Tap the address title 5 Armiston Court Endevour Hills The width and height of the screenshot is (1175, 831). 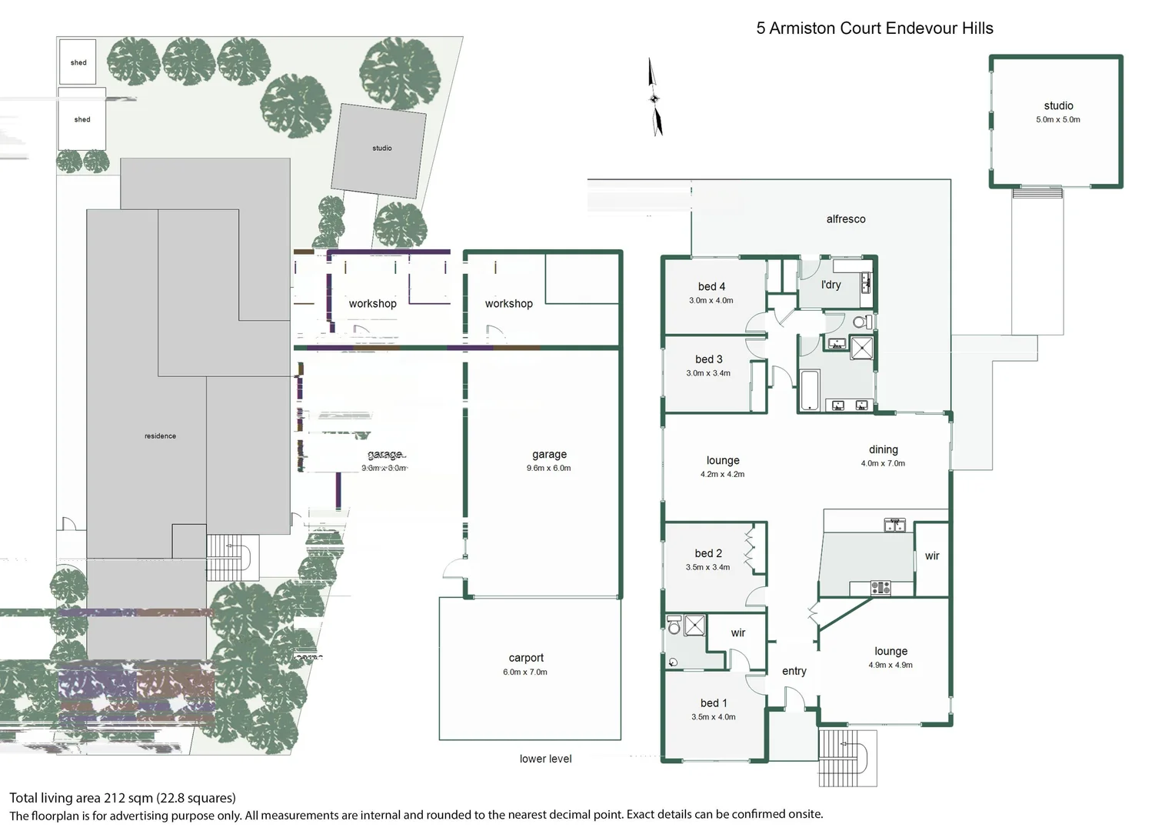pyautogui.click(x=874, y=28)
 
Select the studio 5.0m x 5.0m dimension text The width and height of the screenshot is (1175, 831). pyautogui.click(x=1057, y=120)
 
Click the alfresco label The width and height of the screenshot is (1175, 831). pyautogui.click(x=845, y=219)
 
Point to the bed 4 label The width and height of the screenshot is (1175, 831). pyautogui.click(x=711, y=286)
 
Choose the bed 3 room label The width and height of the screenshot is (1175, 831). pyautogui.click(x=708, y=359)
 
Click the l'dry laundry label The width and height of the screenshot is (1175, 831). pyautogui.click(x=830, y=285)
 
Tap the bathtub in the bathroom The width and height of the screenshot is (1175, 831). pyautogui.click(x=810, y=390)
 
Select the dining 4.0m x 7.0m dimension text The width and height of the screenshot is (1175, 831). pyautogui.click(x=883, y=463)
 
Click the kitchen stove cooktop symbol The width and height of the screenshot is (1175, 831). pyautogui.click(x=880, y=588)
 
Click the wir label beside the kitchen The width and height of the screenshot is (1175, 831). pyautogui.click(x=932, y=556)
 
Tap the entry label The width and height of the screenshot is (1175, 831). pyautogui.click(x=794, y=671)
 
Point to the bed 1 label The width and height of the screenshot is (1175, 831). pyautogui.click(x=713, y=703)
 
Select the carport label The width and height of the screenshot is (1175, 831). pyautogui.click(x=526, y=658)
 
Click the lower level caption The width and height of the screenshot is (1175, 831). pyautogui.click(x=545, y=759)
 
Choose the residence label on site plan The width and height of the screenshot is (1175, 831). pyautogui.click(x=160, y=436)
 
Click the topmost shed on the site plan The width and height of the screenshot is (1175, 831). pyautogui.click(x=78, y=62)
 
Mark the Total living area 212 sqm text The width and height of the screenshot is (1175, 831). pyautogui.click(x=122, y=798)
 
